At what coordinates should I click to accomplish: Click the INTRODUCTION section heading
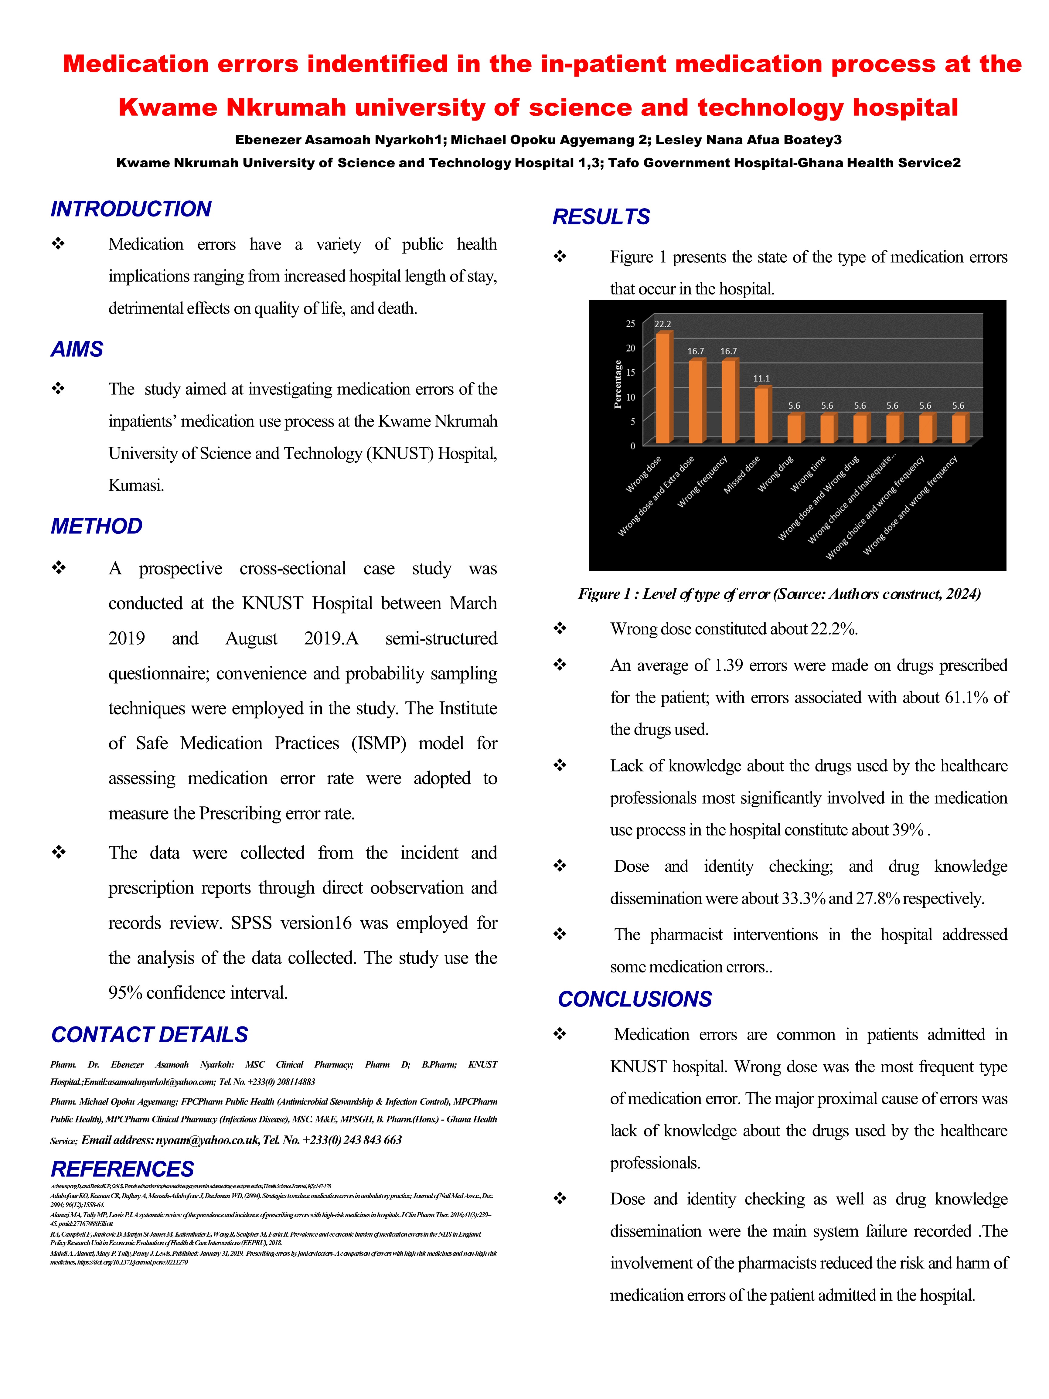click(131, 209)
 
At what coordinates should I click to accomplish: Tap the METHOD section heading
click(97, 526)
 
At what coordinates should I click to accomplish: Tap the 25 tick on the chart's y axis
click(630, 324)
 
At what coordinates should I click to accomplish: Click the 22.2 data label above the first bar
click(663, 324)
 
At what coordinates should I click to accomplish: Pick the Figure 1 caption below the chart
click(779, 594)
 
